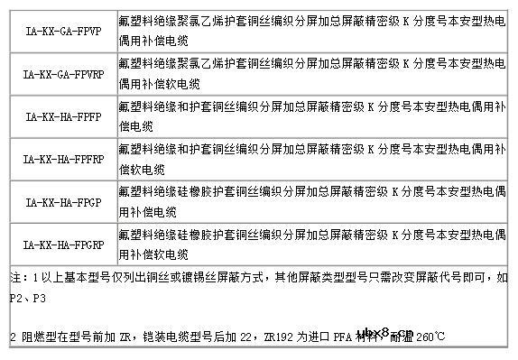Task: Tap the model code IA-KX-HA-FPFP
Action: point(62,115)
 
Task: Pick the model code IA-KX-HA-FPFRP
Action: point(62,158)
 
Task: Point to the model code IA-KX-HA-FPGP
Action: point(62,201)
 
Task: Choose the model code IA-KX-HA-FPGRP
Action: point(62,244)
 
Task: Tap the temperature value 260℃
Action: point(428,338)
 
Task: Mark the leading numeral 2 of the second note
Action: point(13,338)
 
